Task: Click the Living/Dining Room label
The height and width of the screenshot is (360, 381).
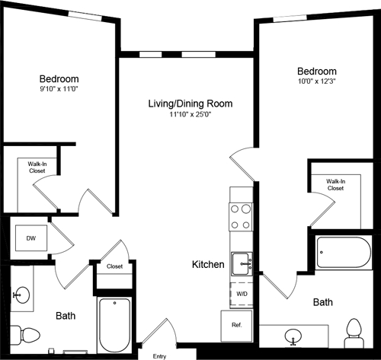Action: (x=190, y=104)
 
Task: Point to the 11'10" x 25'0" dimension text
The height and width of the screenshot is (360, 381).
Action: (x=190, y=116)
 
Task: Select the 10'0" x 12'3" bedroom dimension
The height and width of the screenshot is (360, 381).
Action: (x=317, y=80)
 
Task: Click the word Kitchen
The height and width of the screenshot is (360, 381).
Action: (x=208, y=265)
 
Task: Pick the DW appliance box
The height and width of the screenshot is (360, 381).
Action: (x=30, y=238)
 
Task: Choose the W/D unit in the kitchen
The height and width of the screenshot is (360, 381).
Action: (x=241, y=293)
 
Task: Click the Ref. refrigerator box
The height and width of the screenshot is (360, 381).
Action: (x=236, y=324)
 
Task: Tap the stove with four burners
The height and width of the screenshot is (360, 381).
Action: (x=241, y=217)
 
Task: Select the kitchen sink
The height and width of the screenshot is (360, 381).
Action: (x=242, y=263)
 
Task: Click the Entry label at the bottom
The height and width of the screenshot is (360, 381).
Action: (x=159, y=355)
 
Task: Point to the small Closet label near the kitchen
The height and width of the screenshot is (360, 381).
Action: (x=115, y=267)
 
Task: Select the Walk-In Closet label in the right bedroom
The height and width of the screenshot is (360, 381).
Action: (x=335, y=184)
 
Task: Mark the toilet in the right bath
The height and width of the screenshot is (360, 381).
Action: (x=354, y=330)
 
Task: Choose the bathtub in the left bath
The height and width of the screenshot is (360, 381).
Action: (x=115, y=324)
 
